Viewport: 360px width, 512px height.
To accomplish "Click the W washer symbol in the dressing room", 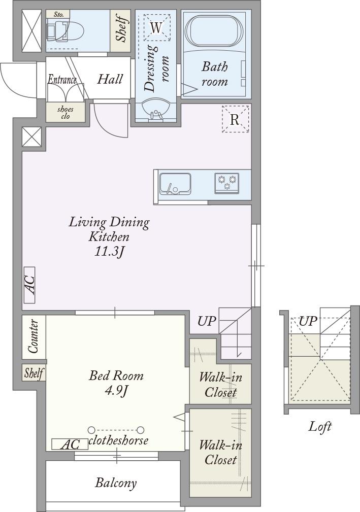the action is tap(157, 28).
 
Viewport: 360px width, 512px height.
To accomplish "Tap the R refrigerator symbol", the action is tap(236, 119).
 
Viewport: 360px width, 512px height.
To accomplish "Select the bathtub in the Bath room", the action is tap(214, 32).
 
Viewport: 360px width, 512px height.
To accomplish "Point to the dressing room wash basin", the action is tap(156, 111).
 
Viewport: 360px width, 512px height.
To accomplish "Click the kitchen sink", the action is tap(175, 184).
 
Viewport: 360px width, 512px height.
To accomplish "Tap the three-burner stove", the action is tap(227, 183).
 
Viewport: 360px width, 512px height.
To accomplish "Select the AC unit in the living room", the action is tap(29, 285).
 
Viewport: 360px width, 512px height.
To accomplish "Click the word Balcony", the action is tap(116, 483).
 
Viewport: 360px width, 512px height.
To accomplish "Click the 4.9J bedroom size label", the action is tap(116, 391).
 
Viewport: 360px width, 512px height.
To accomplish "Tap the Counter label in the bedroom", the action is tap(34, 336).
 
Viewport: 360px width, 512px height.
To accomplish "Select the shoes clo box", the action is tap(66, 112).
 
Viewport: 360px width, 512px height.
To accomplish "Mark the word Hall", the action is tap(110, 79).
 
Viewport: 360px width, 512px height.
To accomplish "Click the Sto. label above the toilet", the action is tap(58, 14).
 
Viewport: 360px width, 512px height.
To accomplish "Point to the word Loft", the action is tap(320, 426).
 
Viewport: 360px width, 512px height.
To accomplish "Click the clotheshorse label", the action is tap(118, 440).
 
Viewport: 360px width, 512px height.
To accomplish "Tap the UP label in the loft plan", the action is tap(308, 321).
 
